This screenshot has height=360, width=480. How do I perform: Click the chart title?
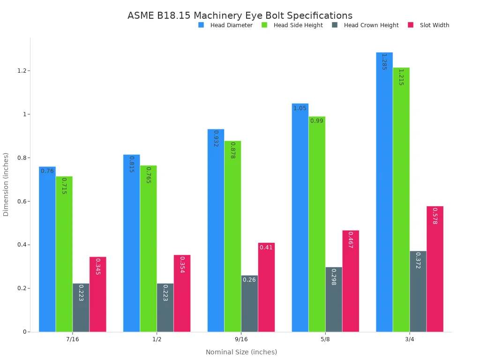pos(240,15)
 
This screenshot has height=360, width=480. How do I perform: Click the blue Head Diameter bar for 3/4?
pos(384,192)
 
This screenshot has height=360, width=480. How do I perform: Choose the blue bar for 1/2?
pos(131,243)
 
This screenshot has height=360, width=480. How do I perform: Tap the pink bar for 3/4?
pos(435,269)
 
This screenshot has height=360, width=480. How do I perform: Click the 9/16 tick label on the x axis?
pos(241,339)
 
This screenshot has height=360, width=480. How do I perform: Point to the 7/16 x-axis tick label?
pos(73,339)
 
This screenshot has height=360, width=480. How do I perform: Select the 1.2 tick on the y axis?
pos(21,71)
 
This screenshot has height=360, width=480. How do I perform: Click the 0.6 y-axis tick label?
pos(21,202)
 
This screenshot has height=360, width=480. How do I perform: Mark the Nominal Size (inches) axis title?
pos(241,352)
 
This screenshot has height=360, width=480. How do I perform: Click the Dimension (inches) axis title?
pos(6,184)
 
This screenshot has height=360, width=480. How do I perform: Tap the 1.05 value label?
pos(300,108)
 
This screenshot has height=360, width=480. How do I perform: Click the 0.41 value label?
pos(266,247)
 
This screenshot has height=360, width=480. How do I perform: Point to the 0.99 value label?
pos(317,121)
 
